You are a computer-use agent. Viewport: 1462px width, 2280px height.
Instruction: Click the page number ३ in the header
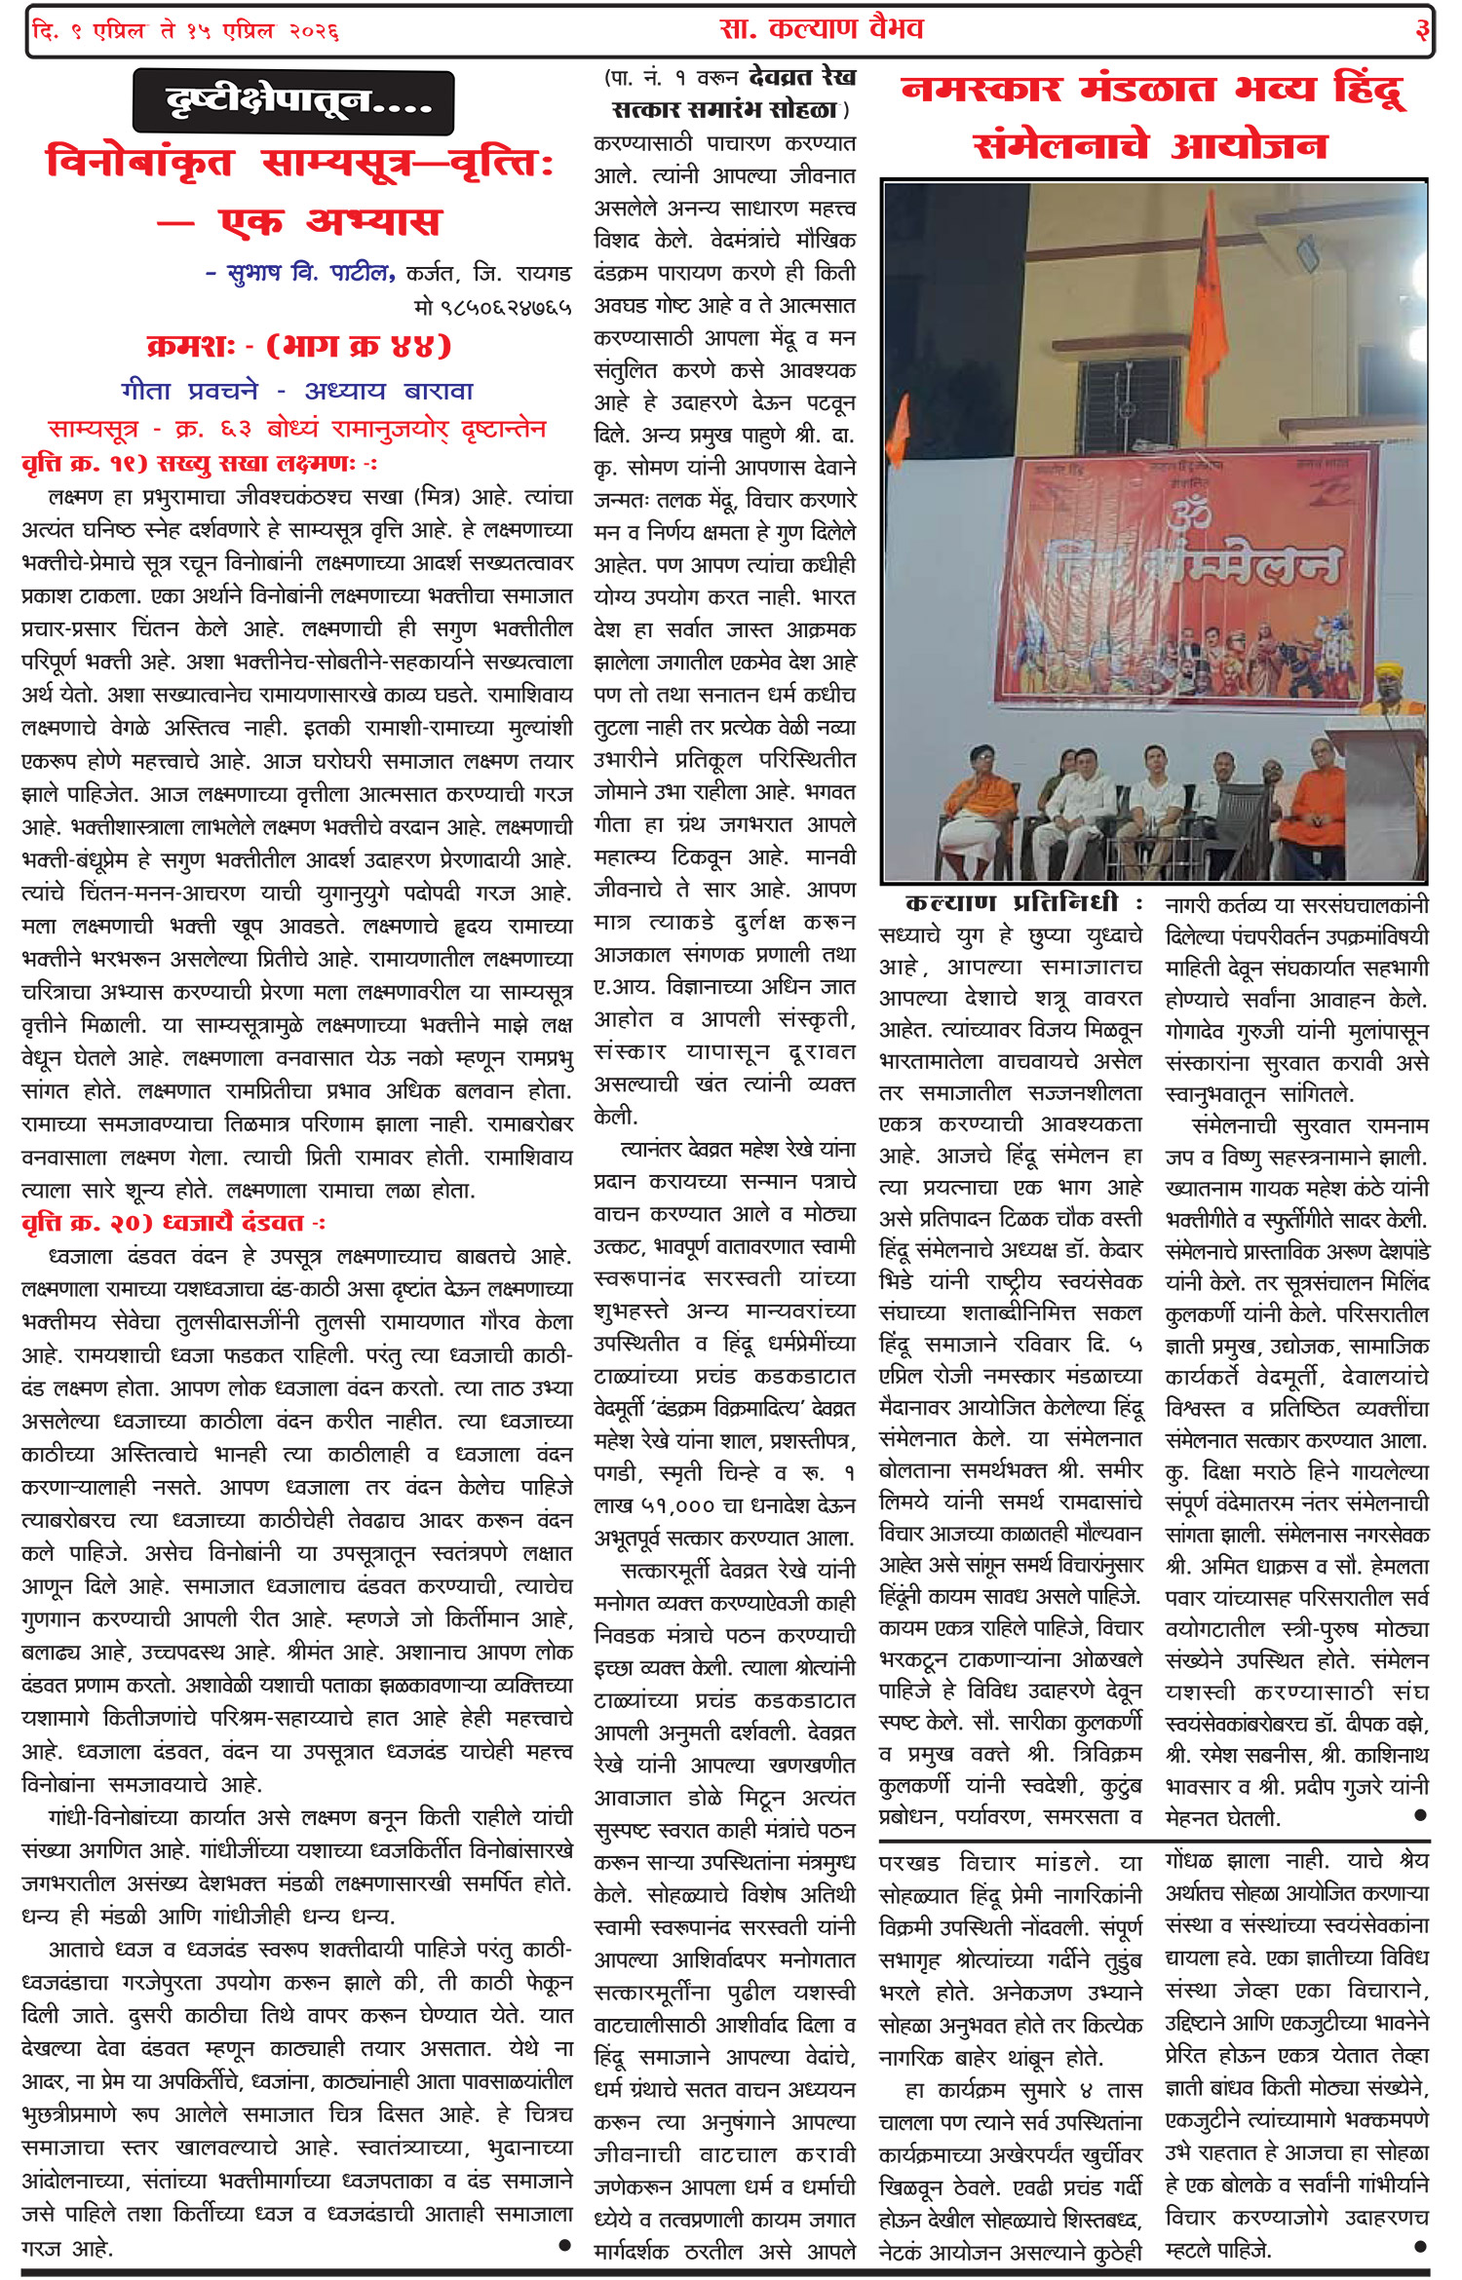pyautogui.click(x=1422, y=29)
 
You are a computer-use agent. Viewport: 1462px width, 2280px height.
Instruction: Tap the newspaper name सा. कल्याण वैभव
pyautogui.click(x=821, y=29)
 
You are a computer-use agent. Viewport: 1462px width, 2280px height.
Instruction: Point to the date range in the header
pyautogui.click(x=185, y=31)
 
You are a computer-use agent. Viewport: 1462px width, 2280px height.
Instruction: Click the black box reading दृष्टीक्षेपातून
pyautogui.click(x=293, y=101)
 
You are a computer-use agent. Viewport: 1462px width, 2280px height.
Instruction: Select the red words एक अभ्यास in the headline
pyautogui.click(x=329, y=222)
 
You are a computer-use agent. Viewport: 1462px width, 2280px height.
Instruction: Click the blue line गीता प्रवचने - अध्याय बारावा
pyautogui.click(x=297, y=391)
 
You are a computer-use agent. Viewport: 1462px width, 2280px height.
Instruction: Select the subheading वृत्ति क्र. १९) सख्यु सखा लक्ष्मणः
pyautogui.click(x=200, y=464)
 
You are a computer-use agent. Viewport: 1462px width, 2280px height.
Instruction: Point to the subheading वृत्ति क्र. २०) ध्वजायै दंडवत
pyautogui.click(x=173, y=1223)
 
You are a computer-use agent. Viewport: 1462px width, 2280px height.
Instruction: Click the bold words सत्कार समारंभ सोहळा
pyautogui.click(x=724, y=110)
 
